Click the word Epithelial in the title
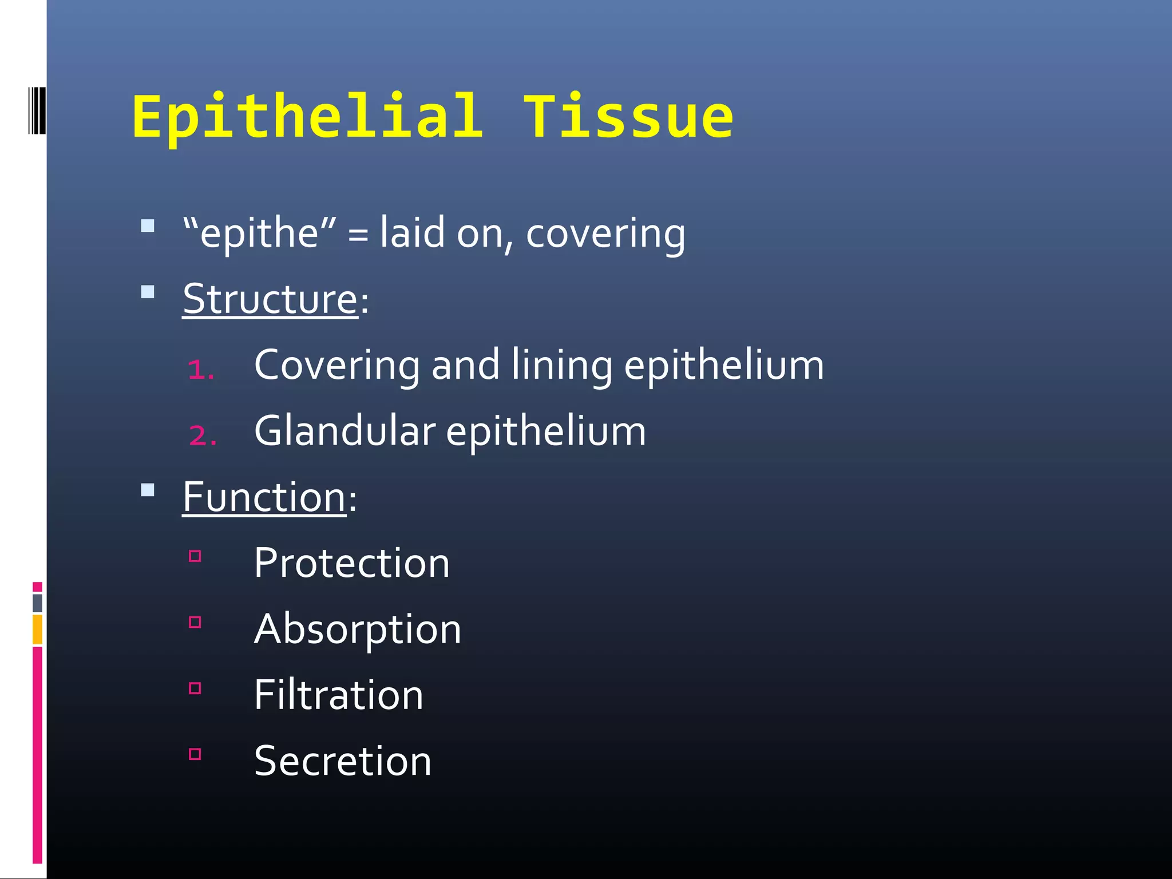[308, 117]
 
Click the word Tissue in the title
[628, 117]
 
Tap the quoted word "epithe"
[259, 233]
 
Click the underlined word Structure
[270, 299]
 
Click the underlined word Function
[264, 497]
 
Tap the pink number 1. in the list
[201, 369]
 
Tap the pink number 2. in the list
[203, 435]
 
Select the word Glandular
[345, 431]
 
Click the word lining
[561, 365]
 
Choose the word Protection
[351, 563]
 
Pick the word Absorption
[357, 629]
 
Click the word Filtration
[338, 695]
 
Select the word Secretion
[342, 761]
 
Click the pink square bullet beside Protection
[195, 556]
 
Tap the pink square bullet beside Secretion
[195, 754]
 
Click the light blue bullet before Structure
[148, 292]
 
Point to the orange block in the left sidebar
[37, 629]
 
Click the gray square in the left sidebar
[37, 603]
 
